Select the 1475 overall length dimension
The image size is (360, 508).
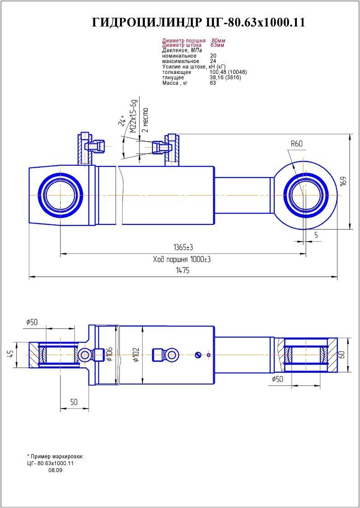pyautogui.click(x=183, y=270)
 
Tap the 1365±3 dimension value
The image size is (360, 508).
pyautogui.click(x=183, y=247)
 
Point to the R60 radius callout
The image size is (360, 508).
pyautogui.click(x=296, y=144)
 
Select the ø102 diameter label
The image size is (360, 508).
pyautogui.click(x=137, y=355)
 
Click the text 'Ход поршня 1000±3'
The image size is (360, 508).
pyautogui.click(x=182, y=260)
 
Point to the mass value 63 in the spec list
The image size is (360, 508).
pyautogui.click(x=213, y=83)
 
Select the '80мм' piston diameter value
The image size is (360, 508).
pyautogui.click(x=218, y=41)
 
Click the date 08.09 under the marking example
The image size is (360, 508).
pyautogui.click(x=55, y=470)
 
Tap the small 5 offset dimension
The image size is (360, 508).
pyautogui.click(x=316, y=235)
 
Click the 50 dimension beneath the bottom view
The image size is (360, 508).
pyautogui.click(x=74, y=402)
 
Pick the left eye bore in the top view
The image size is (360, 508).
pyautogui.click(x=60, y=195)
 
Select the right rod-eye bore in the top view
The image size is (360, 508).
pyautogui.click(x=305, y=195)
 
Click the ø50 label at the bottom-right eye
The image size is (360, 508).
pyautogui.click(x=277, y=380)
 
